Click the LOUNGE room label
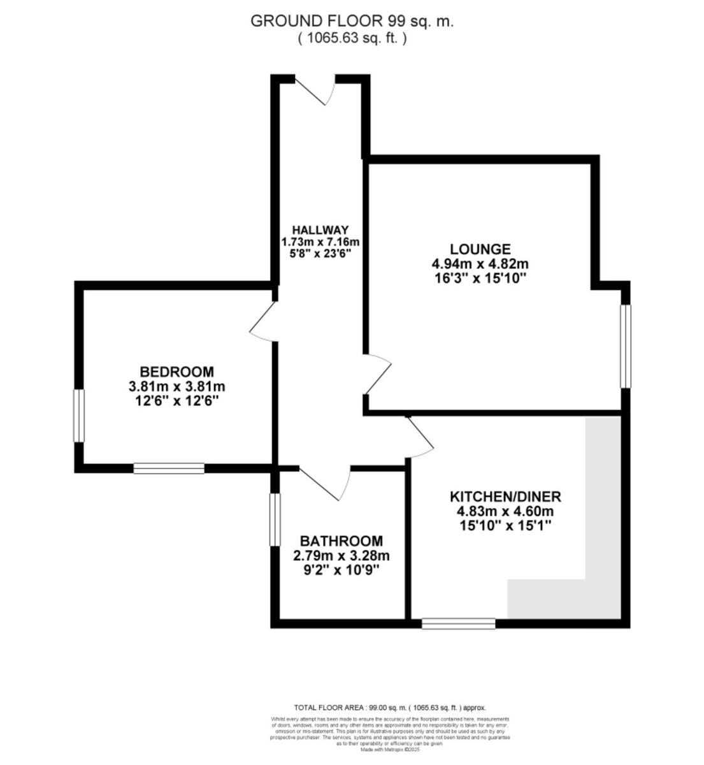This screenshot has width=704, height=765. pyautogui.click(x=480, y=249)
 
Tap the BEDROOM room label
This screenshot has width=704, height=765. pyautogui.click(x=176, y=372)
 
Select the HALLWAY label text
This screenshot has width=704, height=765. pyautogui.click(x=320, y=230)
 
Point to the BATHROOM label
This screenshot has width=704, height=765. pyautogui.click(x=341, y=541)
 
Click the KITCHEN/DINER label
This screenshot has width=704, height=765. pyautogui.click(x=505, y=497)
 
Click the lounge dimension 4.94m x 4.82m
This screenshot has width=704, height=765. pyautogui.click(x=480, y=263)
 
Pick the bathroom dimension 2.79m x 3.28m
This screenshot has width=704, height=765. pyautogui.click(x=341, y=556)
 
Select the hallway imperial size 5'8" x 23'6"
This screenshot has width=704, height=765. pyautogui.click(x=320, y=253)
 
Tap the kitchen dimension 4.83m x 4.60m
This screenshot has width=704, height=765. pyautogui.click(x=505, y=511)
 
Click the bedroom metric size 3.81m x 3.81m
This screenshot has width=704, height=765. pyautogui.click(x=176, y=386)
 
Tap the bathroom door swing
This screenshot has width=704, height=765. pyautogui.click(x=325, y=483)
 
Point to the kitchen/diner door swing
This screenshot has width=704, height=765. pyautogui.click(x=419, y=437)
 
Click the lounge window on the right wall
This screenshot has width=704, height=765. pyautogui.click(x=626, y=346)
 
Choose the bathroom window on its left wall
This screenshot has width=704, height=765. pyautogui.click(x=275, y=519)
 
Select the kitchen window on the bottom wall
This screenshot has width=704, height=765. pyautogui.click(x=459, y=623)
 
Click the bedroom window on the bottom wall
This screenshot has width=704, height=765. pyautogui.click(x=169, y=469)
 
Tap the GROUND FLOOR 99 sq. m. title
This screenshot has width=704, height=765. pyautogui.click(x=352, y=21)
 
